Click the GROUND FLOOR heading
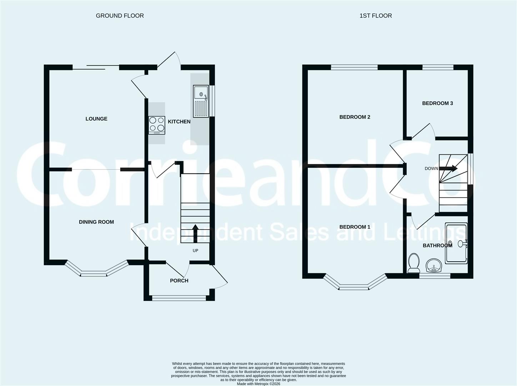[120, 16]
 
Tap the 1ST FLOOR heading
[376, 16]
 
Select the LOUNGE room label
[96, 119]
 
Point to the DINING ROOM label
[96, 222]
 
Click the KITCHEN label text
[179, 122]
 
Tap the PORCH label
[179, 281]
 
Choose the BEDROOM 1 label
[355, 227]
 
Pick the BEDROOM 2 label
[355, 117]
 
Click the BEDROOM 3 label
[437, 103]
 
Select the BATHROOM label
[437, 246]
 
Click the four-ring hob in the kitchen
[157, 125]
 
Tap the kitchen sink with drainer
[201, 101]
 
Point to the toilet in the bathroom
[414, 263]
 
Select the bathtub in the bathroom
[456, 243]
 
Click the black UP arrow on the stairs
[195, 233]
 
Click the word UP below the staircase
[195, 251]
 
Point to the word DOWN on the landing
[432, 168]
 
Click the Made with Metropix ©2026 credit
[258, 383]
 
